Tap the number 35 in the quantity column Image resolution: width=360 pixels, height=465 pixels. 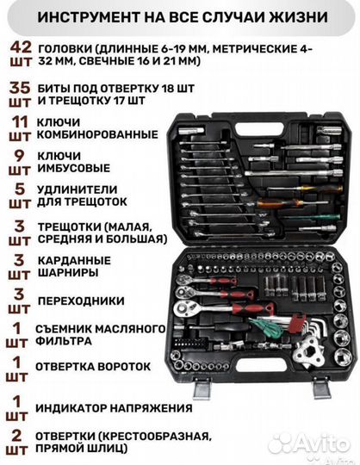click(20, 87)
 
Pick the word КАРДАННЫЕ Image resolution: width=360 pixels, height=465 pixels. click(72, 259)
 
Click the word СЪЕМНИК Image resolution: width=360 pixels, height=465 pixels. click(65, 327)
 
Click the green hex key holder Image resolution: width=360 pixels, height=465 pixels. click(270, 325)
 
